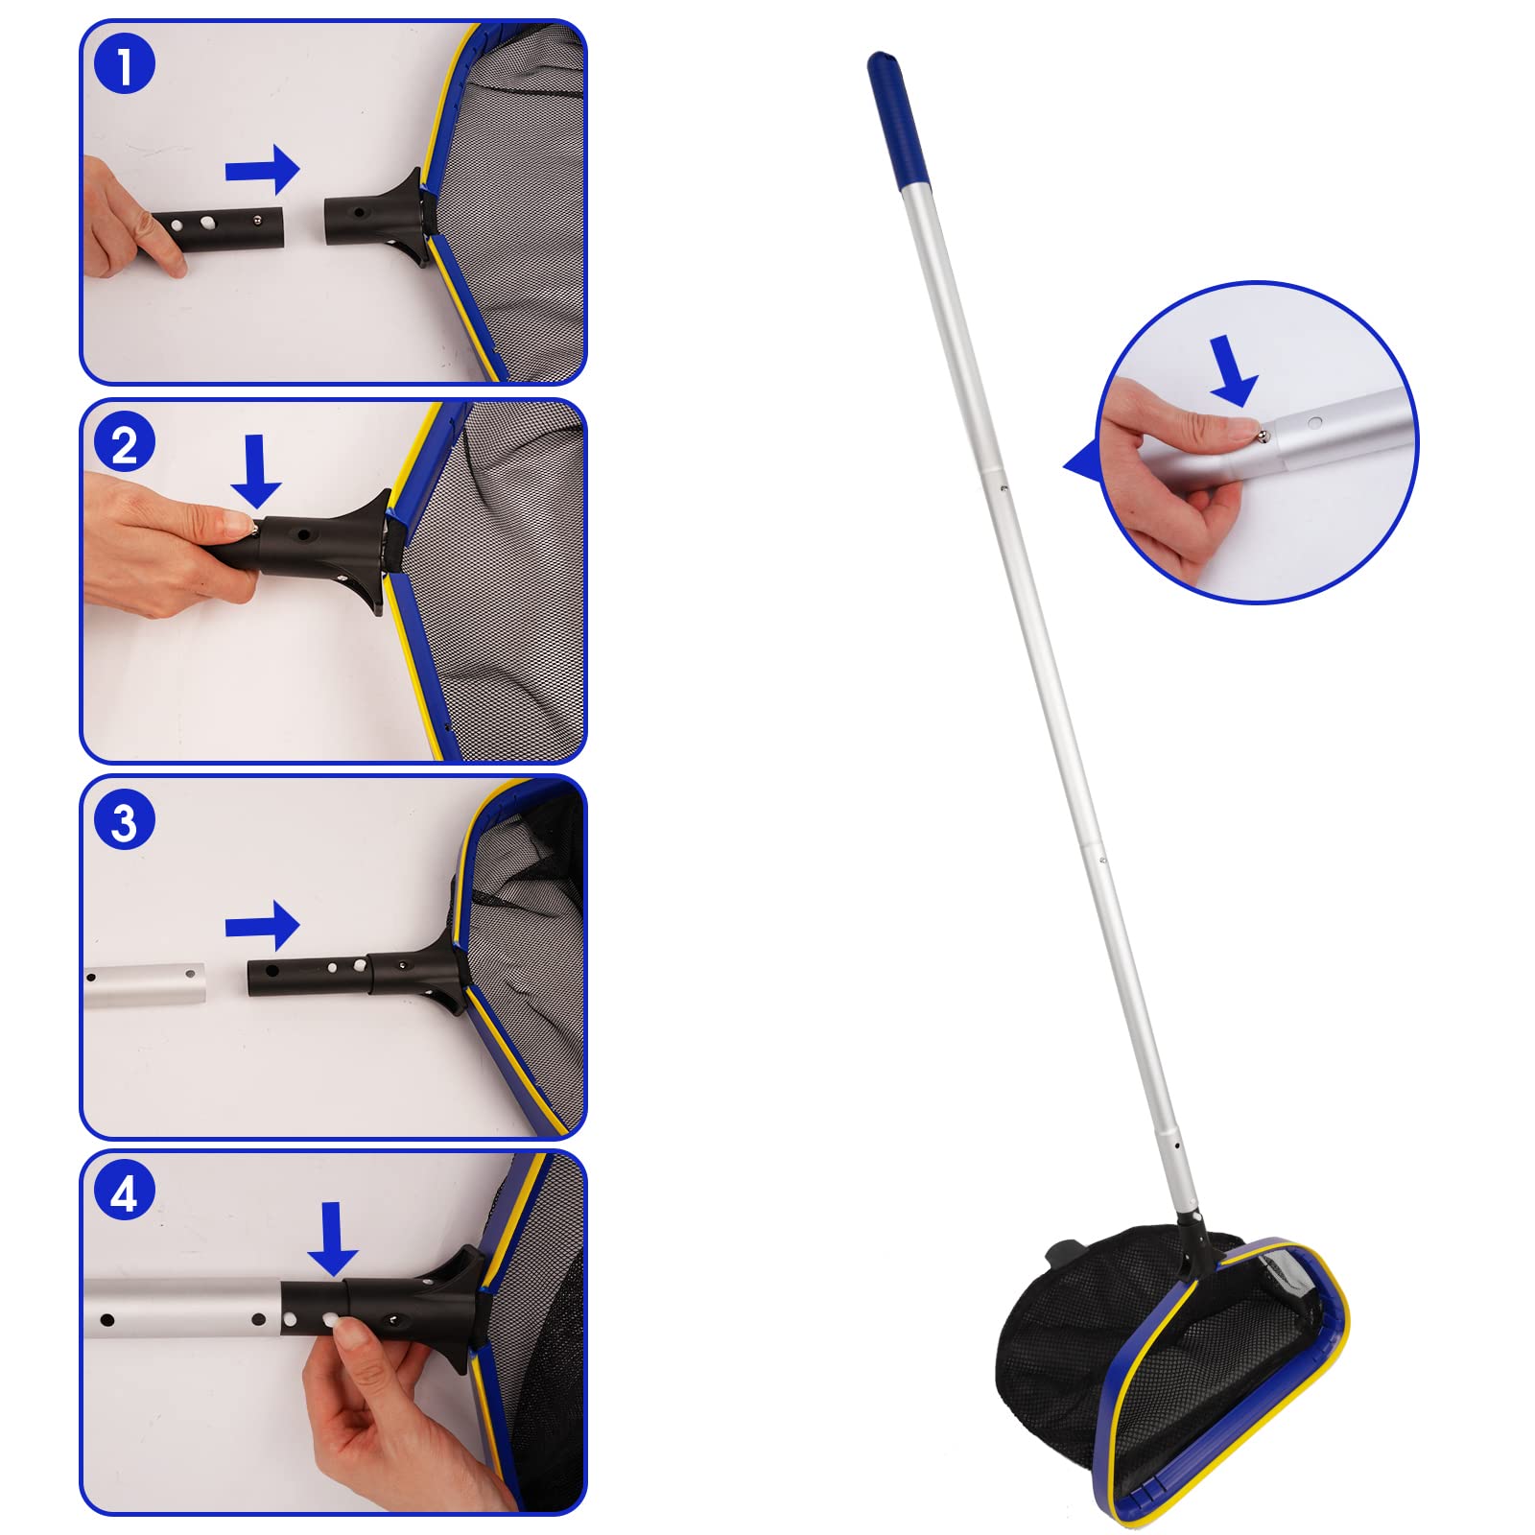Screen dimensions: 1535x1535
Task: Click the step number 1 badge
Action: [x=125, y=65]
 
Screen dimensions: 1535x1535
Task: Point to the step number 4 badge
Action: [x=125, y=1194]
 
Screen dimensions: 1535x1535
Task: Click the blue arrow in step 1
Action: [x=262, y=170]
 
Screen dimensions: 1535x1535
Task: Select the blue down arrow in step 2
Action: [x=256, y=471]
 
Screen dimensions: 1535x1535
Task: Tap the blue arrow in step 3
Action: [x=262, y=926]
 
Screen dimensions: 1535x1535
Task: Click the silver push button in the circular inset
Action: [x=1263, y=437]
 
